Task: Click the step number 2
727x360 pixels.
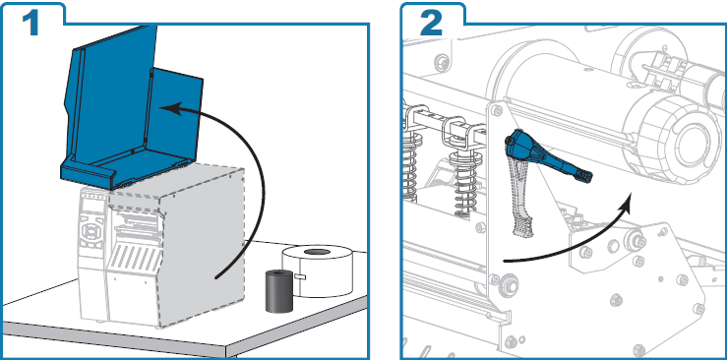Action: [432, 22]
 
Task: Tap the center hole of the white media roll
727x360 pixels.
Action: [317, 253]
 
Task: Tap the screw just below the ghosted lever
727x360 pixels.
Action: [510, 286]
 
